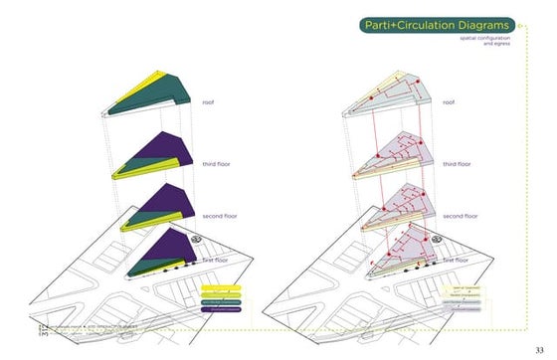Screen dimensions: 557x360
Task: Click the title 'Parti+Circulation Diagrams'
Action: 439,25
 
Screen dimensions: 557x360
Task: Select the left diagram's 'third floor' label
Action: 217,162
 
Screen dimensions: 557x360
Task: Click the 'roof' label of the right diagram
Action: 449,102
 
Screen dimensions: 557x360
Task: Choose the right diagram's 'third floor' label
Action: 458,162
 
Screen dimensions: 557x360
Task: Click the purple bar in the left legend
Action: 223,309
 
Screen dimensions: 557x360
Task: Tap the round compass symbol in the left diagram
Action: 197,239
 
